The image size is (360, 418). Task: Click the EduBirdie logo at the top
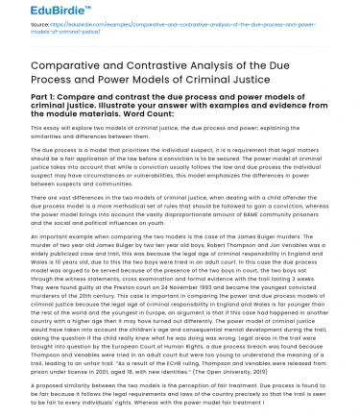[48, 11]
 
